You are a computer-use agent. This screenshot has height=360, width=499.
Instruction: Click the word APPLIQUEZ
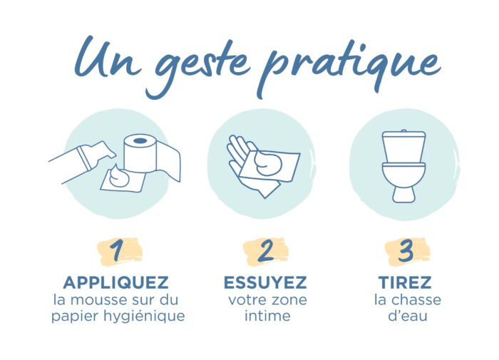point(115,282)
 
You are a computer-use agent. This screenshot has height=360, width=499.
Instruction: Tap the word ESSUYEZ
point(265,282)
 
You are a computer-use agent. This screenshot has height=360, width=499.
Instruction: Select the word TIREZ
point(405,282)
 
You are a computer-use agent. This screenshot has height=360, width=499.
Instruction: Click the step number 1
point(117,250)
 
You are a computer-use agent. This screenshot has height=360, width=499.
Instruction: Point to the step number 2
point(266,251)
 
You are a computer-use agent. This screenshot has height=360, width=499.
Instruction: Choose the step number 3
point(406,251)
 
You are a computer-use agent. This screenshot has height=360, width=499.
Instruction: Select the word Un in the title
point(107,57)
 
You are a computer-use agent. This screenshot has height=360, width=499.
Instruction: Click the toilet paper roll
point(140,153)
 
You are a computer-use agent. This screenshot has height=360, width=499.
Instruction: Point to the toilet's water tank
point(404,146)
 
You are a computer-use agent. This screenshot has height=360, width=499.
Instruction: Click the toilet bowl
point(404,182)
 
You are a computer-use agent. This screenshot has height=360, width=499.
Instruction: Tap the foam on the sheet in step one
point(118,177)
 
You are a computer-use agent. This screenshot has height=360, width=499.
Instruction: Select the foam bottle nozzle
point(102,150)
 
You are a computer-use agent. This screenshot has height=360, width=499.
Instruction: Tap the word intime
point(267,316)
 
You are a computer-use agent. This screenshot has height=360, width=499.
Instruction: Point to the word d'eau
point(408,316)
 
